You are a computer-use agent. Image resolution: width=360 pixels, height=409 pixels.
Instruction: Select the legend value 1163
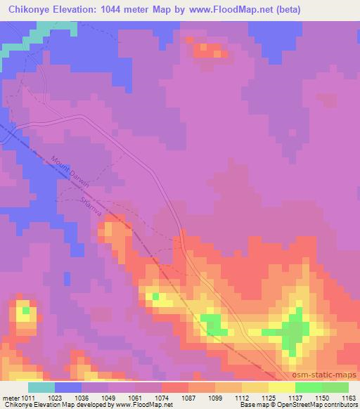point(348,398)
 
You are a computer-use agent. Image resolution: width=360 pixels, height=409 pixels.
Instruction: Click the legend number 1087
point(188,398)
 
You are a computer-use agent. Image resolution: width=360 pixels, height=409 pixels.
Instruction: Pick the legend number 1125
point(268,398)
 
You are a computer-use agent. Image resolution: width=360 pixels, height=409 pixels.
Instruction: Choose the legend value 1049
point(108,398)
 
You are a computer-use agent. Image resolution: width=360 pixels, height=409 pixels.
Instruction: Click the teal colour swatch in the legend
point(41,387)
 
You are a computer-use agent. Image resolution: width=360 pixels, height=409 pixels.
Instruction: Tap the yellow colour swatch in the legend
point(281,387)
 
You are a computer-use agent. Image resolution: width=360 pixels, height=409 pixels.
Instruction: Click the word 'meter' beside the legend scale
point(9,398)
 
